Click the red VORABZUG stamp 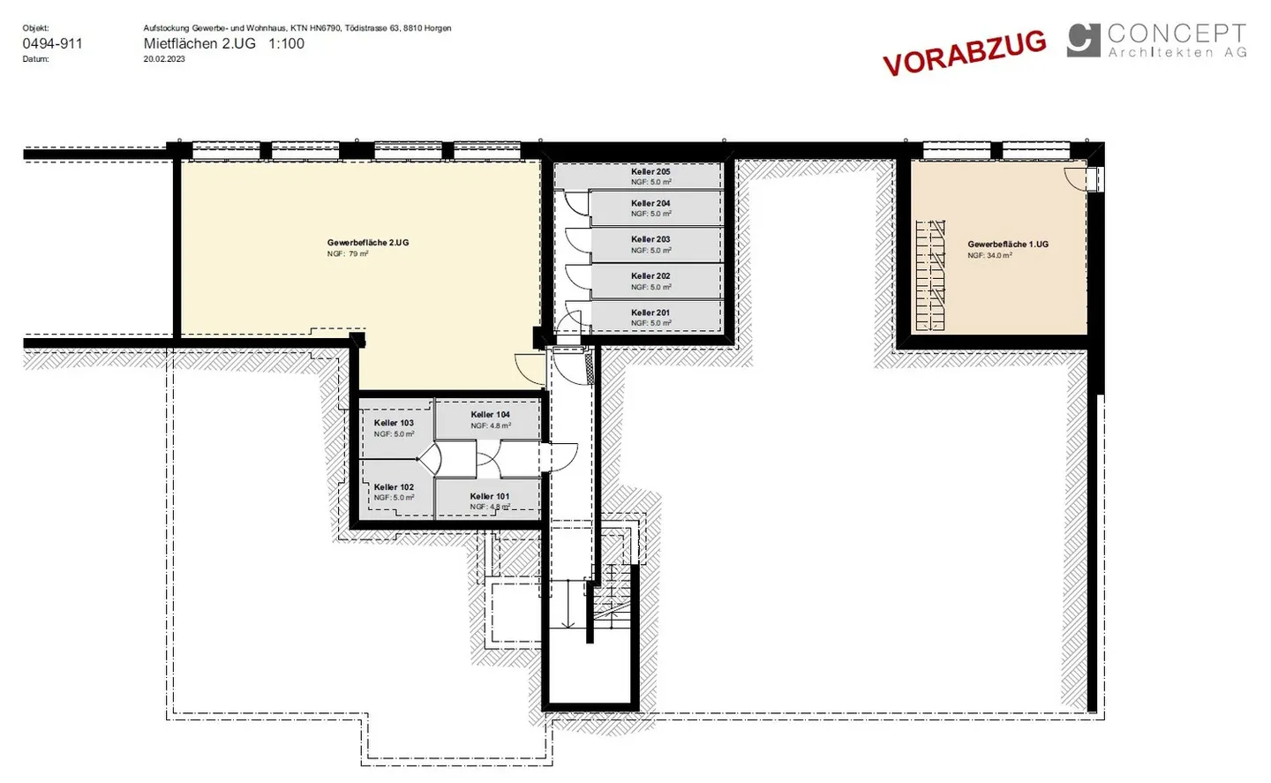965,51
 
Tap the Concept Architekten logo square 1083,40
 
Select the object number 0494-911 53,43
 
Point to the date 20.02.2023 164,59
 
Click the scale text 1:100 286,43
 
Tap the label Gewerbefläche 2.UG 368,243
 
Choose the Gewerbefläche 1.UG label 1008,245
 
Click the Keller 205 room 638,176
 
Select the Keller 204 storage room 657,208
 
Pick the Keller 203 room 657,245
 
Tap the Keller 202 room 657,282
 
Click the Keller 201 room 657,317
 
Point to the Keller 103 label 394,423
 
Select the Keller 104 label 490,415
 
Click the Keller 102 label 394,487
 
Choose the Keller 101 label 490,496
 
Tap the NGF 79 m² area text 348,254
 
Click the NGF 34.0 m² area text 989,256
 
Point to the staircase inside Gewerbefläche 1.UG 930,275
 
